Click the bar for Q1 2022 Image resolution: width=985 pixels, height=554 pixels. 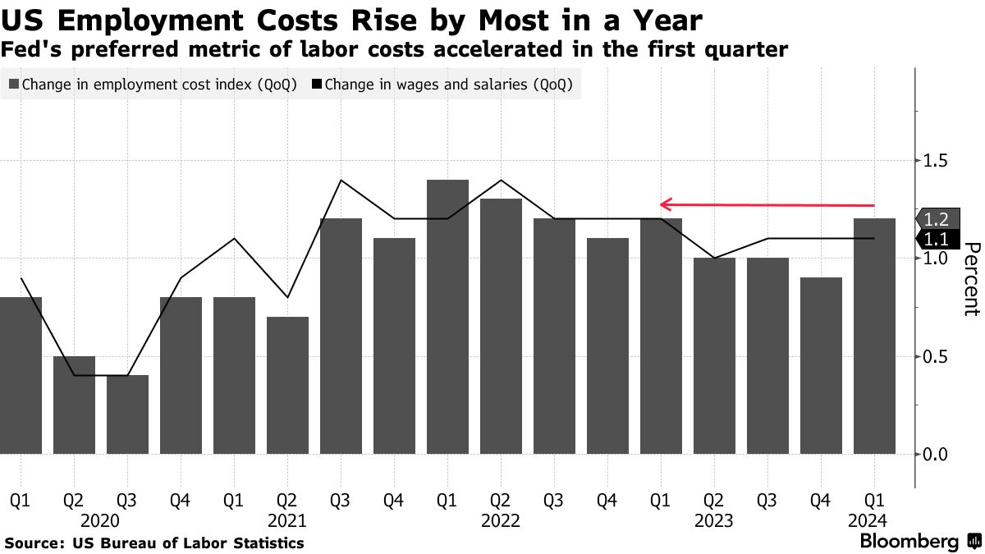(447, 316)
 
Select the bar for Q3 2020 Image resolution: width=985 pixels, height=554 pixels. (127, 414)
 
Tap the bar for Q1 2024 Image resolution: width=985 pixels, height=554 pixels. (874, 336)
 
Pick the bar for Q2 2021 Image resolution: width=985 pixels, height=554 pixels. (287, 385)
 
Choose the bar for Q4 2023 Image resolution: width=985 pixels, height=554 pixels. (821, 365)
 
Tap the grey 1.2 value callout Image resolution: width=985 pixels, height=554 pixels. (936, 219)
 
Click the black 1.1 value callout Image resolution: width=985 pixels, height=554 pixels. (936, 239)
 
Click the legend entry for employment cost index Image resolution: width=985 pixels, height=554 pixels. (153, 85)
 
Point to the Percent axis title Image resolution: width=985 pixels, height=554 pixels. (971, 279)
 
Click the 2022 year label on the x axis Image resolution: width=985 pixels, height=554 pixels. (501, 520)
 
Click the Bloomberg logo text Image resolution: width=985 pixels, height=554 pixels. (909, 542)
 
